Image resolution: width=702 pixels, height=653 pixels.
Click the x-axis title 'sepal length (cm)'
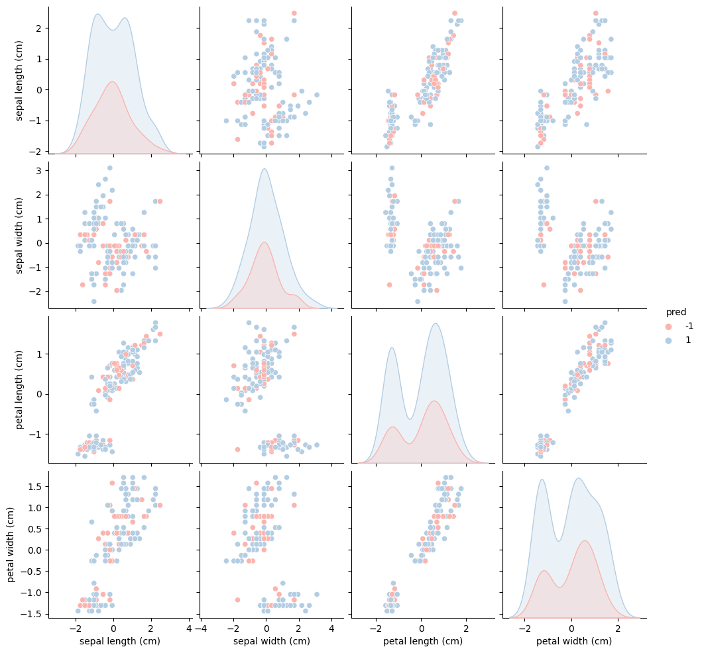(120, 641)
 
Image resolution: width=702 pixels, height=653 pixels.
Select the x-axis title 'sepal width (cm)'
(272, 641)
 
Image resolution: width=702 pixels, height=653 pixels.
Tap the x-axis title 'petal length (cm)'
(423, 641)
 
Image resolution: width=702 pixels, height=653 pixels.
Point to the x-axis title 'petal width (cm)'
(574, 641)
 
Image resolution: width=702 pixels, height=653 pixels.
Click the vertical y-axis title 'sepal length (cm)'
(19, 81)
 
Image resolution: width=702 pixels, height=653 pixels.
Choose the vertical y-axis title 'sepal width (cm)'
(19, 234)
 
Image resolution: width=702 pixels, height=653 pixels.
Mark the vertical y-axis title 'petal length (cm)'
(19, 389)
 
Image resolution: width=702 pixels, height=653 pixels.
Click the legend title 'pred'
(675, 313)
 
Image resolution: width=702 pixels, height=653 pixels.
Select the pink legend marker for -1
(668, 326)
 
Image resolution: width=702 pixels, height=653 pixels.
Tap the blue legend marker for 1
(668, 340)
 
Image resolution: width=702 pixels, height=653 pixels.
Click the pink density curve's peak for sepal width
(264, 242)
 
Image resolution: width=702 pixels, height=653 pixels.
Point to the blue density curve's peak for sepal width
(264, 169)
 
